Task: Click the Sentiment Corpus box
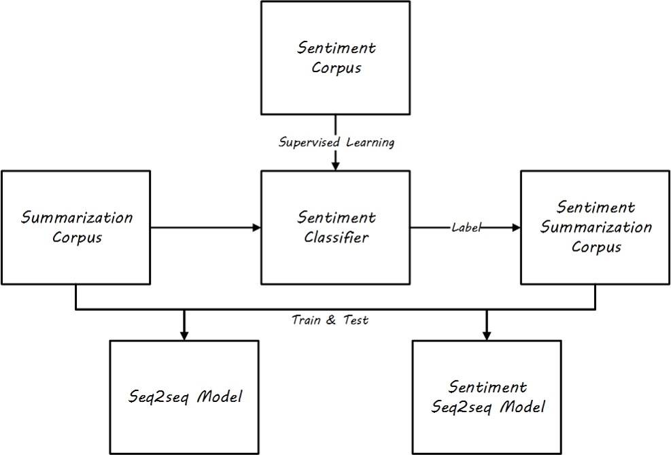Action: (x=336, y=57)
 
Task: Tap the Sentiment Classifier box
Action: (x=336, y=227)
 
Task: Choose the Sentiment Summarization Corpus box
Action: (x=596, y=227)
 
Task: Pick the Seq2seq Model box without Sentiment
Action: (x=184, y=397)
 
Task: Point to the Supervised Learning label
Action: (x=336, y=144)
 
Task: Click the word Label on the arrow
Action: (x=466, y=228)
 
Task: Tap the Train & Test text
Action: (x=330, y=320)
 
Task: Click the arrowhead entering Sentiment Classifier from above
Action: (x=336, y=165)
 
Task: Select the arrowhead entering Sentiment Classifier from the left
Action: (x=256, y=228)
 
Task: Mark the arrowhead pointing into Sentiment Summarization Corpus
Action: (x=515, y=228)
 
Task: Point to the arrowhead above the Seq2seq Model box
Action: (x=184, y=335)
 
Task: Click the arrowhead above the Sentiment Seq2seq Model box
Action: (x=487, y=335)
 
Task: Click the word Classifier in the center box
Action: (x=336, y=237)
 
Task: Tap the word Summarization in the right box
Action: (x=596, y=227)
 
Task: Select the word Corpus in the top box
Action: (x=336, y=68)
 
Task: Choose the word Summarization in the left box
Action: (x=77, y=218)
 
